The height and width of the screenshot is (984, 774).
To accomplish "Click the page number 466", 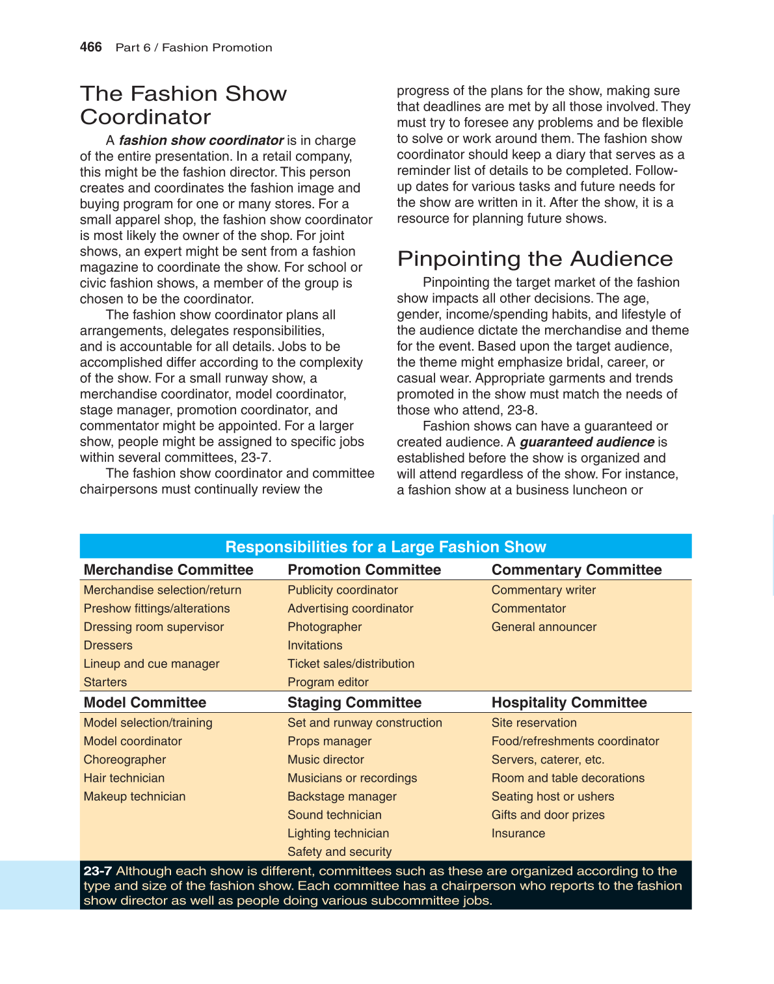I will [90, 47].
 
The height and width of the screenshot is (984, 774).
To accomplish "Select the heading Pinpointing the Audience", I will [535, 259].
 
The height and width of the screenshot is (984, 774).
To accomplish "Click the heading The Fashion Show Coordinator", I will [183, 105].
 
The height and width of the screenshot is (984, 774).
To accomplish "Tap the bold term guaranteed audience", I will [586, 442].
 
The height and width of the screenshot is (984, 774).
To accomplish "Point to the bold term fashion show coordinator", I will [201, 140].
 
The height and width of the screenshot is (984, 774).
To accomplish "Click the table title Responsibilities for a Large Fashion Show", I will [385, 547].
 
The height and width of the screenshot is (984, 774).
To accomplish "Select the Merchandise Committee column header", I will [168, 570].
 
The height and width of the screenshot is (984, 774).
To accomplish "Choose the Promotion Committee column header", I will [364, 570].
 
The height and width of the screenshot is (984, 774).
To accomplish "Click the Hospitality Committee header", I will [569, 702].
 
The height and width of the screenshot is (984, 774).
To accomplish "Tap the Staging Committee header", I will [354, 702].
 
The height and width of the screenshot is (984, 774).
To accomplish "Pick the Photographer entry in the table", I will [325, 627].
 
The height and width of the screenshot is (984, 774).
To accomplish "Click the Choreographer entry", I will [125, 760].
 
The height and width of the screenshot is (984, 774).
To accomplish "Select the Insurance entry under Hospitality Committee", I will [518, 833].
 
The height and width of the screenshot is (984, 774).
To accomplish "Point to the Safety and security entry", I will [340, 851].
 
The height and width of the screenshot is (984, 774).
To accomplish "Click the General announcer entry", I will [544, 627].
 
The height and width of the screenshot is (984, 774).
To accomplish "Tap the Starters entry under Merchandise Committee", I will [105, 682].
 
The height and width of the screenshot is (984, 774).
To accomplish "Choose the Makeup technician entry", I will [135, 797].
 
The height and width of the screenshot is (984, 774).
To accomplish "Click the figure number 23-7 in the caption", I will [98, 871].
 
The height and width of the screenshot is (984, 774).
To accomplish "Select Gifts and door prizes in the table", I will [548, 815].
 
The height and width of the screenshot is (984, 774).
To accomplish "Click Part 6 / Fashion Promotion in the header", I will [194, 47].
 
